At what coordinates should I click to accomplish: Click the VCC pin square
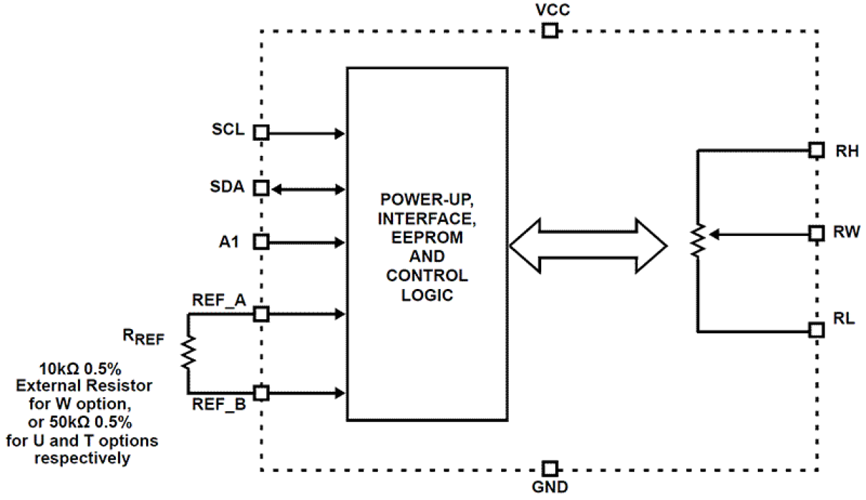549,30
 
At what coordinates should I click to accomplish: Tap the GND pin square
549,470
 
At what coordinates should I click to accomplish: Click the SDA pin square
261,188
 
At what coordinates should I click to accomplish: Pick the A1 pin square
261,242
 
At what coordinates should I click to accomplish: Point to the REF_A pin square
261,314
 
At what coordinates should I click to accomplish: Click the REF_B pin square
261,393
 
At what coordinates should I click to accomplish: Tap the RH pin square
816,150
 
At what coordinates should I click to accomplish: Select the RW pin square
816,234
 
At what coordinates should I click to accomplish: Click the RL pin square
816,330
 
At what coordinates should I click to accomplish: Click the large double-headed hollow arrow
588,246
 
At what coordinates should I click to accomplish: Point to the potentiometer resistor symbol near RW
698,241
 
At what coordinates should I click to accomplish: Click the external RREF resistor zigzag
188,352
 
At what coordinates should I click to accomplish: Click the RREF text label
143,337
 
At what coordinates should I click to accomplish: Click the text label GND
550,488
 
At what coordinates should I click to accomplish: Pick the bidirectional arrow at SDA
307,188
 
